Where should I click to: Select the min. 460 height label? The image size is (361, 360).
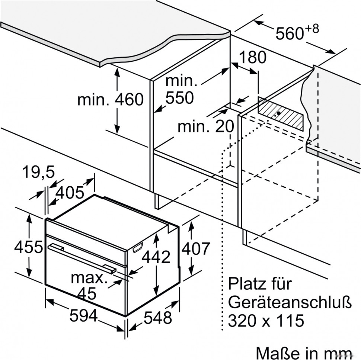tap(110, 100)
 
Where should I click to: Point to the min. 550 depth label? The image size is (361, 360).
tap(180, 90)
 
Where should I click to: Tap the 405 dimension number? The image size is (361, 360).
tap(71, 192)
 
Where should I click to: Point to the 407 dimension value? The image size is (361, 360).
tap(196, 248)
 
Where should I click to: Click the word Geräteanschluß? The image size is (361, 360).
tap(290, 302)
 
